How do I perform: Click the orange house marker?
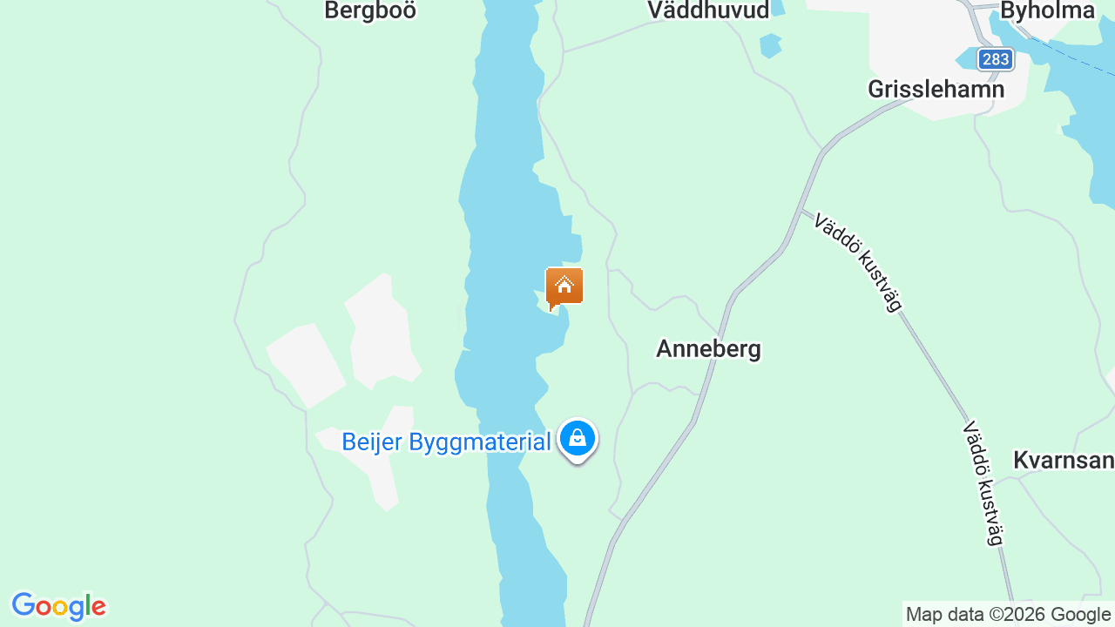564,287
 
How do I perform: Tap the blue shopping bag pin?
577,438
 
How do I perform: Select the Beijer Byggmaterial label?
446,442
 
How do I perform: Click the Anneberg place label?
708,349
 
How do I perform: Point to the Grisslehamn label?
936,89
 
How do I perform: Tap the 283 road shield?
995,59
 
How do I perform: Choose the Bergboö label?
370,10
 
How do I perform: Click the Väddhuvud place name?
708,10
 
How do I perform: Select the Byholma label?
1047,10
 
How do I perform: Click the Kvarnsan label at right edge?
1064,461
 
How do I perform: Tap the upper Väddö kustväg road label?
857,260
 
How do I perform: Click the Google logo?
58,606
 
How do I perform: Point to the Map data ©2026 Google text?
1008,615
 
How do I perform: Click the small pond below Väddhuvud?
770,45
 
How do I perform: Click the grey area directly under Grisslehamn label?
941,110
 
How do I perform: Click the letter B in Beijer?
350,442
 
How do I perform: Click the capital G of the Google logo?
24,605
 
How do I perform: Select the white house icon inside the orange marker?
564,284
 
